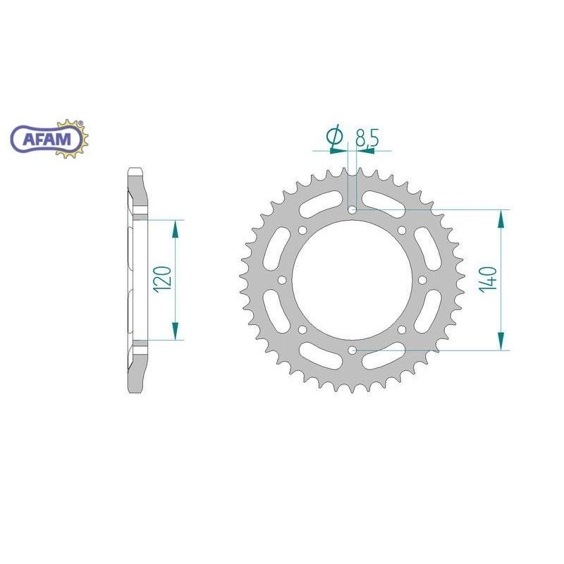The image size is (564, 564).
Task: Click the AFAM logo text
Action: point(47,139)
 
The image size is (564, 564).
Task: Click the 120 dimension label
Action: point(162,279)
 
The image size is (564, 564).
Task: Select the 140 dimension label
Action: point(489,280)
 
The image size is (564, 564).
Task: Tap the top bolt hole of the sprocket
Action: point(352,209)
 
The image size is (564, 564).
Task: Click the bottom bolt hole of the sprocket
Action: point(352,350)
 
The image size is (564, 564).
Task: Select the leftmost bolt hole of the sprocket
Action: point(283,280)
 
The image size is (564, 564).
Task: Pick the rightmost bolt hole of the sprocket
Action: point(422,280)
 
